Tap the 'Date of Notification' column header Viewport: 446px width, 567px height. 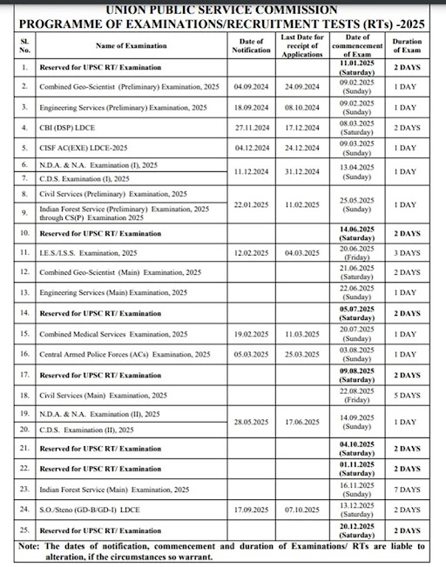click(x=250, y=44)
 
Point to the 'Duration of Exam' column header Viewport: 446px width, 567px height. click(x=405, y=44)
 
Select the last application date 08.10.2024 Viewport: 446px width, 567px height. click(x=301, y=107)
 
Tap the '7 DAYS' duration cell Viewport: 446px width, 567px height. click(x=405, y=490)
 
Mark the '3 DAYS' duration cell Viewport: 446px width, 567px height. click(x=405, y=253)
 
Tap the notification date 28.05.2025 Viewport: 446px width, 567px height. click(x=250, y=422)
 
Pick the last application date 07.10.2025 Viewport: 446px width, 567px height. click(x=301, y=509)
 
